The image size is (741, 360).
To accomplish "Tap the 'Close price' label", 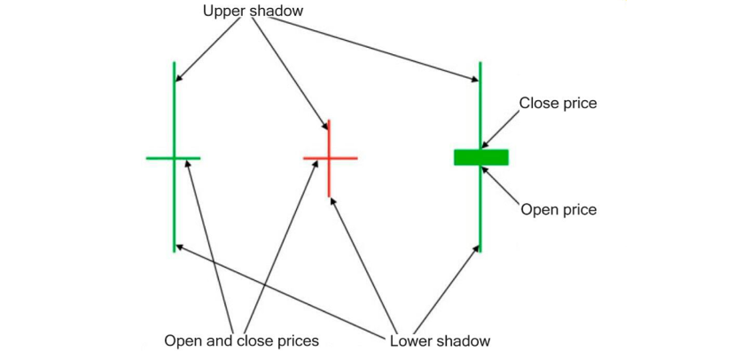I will [558, 103].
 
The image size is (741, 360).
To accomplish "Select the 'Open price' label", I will [558, 210].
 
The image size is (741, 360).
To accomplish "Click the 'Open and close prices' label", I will [241, 340].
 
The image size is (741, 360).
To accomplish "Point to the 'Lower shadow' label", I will [440, 340].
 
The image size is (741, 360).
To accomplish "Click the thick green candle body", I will [481, 157].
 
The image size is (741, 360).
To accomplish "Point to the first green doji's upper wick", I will [175, 106].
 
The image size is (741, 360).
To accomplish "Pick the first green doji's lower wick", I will [175, 208].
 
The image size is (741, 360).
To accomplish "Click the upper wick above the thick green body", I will [480, 102].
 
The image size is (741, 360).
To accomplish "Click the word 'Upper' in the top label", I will [225, 11].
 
